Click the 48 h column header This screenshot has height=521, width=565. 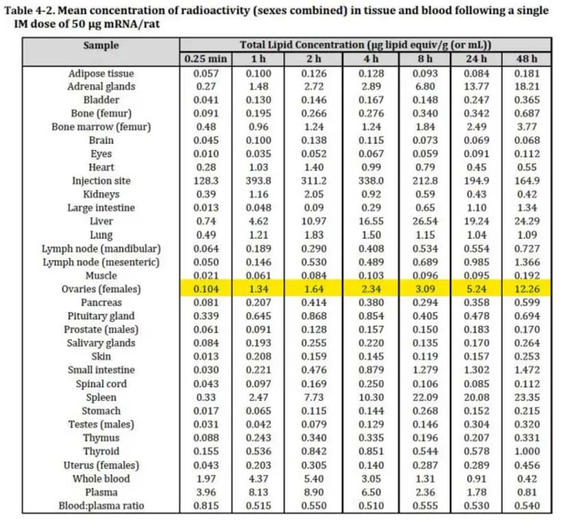point(527,59)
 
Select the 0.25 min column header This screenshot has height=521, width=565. point(205,59)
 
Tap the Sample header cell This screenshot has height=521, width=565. point(101,45)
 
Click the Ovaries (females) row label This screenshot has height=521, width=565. point(101,289)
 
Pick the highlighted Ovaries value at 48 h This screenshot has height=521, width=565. point(527,289)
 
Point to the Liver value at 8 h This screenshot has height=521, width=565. point(425,221)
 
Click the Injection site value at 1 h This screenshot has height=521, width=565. point(258,181)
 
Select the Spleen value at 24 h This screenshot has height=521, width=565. point(477,397)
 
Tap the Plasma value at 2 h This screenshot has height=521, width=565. point(314,492)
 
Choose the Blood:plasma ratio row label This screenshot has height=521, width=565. point(101,506)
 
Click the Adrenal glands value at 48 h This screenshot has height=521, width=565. point(527,86)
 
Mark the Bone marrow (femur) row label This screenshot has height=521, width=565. point(101,127)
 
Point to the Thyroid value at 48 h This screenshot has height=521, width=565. point(527,451)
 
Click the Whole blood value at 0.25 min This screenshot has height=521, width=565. point(206,479)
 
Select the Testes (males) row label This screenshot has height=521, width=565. point(101,424)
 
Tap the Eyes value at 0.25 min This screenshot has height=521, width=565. point(206,154)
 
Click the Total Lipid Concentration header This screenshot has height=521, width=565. point(366,45)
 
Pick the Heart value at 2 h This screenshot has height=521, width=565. point(314,167)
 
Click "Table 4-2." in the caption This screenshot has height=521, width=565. point(30,10)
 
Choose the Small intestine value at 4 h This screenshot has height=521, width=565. point(371,370)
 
